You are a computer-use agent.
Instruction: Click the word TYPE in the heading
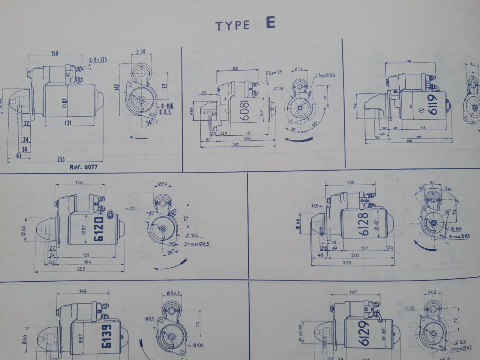click(x=232, y=25)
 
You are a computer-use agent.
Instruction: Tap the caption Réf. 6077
click(x=84, y=167)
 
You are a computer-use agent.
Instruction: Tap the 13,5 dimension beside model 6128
click(x=315, y=206)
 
